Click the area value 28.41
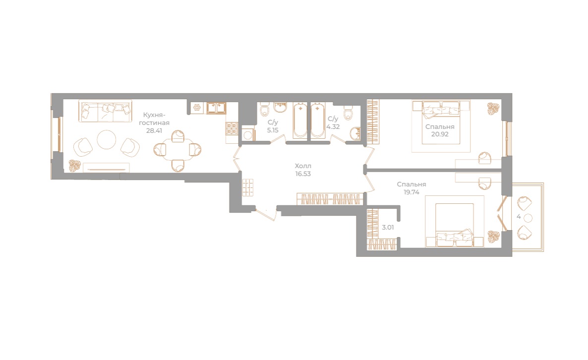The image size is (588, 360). (154, 131)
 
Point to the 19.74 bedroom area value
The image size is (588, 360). (412, 192)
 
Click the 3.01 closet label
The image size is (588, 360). (388, 228)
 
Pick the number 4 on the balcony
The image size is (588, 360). (519, 217)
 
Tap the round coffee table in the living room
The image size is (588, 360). (107, 140)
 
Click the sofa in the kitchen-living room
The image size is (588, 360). (105, 112)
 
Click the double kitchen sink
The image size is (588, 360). (216, 108)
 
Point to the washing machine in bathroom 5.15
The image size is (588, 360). (247, 134)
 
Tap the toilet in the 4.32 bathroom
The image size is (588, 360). (349, 113)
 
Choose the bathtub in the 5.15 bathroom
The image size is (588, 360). (300, 121)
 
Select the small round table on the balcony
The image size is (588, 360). (528, 218)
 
